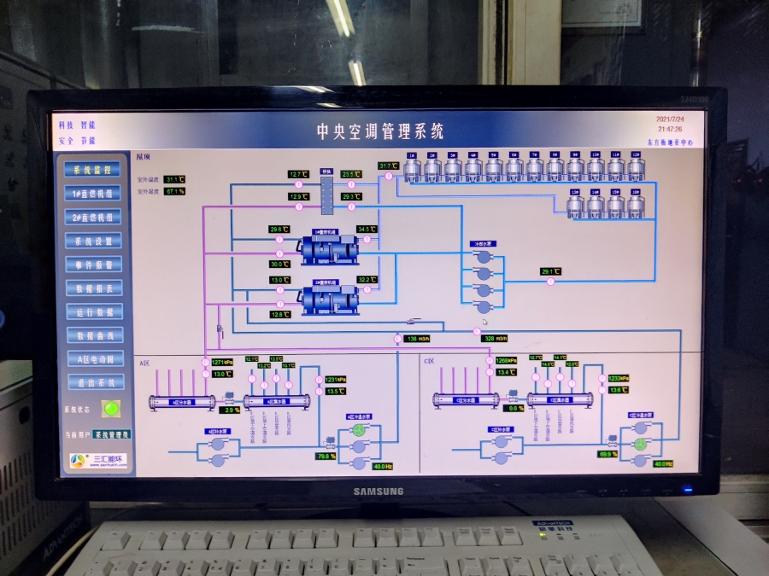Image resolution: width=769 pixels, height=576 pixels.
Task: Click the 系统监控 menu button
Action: (x=93, y=170)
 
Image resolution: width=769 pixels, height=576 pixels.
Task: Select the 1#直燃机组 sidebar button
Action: (x=93, y=194)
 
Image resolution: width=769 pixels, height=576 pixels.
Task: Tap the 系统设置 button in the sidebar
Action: (x=93, y=241)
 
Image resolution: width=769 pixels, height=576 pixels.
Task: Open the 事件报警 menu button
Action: (x=93, y=265)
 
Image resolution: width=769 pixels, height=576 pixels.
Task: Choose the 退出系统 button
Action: (x=93, y=383)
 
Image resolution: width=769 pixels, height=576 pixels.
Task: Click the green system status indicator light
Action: (x=110, y=408)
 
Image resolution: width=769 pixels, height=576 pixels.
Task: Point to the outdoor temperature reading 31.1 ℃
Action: (x=174, y=179)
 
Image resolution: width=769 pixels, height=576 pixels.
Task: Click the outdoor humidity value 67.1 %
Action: (x=174, y=191)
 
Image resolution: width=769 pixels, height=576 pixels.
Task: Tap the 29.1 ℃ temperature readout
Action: (x=549, y=272)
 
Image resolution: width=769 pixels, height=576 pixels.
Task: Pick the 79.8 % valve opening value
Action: (x=325, y=457)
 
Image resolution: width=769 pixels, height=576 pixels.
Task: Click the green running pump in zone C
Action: (x=639, y=444)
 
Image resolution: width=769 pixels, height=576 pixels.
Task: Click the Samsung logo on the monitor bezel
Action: (x=379, y=491)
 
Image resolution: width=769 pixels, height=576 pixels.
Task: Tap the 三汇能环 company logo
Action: (x=100, y=459)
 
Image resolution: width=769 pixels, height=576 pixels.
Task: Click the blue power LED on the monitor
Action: (x=686, y=490)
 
